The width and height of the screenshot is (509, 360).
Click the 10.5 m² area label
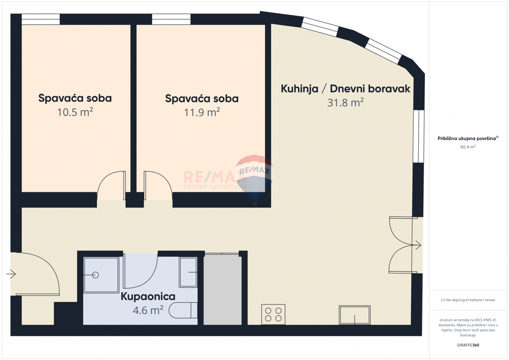point(75,112)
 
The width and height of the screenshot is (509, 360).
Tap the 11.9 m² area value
point(202,112)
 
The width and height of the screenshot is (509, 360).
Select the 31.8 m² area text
point(345,103)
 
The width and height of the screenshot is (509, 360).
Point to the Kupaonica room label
point(148,296)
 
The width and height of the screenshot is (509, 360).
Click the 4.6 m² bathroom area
point(148,310)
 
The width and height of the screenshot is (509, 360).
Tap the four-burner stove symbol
point(273,314)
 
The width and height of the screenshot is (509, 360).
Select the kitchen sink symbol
point(355,315)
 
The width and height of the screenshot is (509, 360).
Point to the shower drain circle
point(95,275)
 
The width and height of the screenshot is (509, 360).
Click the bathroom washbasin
point(188,272)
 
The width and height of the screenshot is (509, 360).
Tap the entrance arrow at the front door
point(11,274)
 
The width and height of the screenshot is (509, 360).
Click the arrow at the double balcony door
point(417,245)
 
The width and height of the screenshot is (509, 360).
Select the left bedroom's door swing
point(111,186)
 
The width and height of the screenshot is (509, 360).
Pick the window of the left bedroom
point(41,20)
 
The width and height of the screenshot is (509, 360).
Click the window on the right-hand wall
point(419,136)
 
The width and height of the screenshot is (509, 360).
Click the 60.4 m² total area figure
point(468,147)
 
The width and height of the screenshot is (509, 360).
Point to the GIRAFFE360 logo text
point(468,345)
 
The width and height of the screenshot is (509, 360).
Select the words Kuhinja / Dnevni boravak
point(345,89)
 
